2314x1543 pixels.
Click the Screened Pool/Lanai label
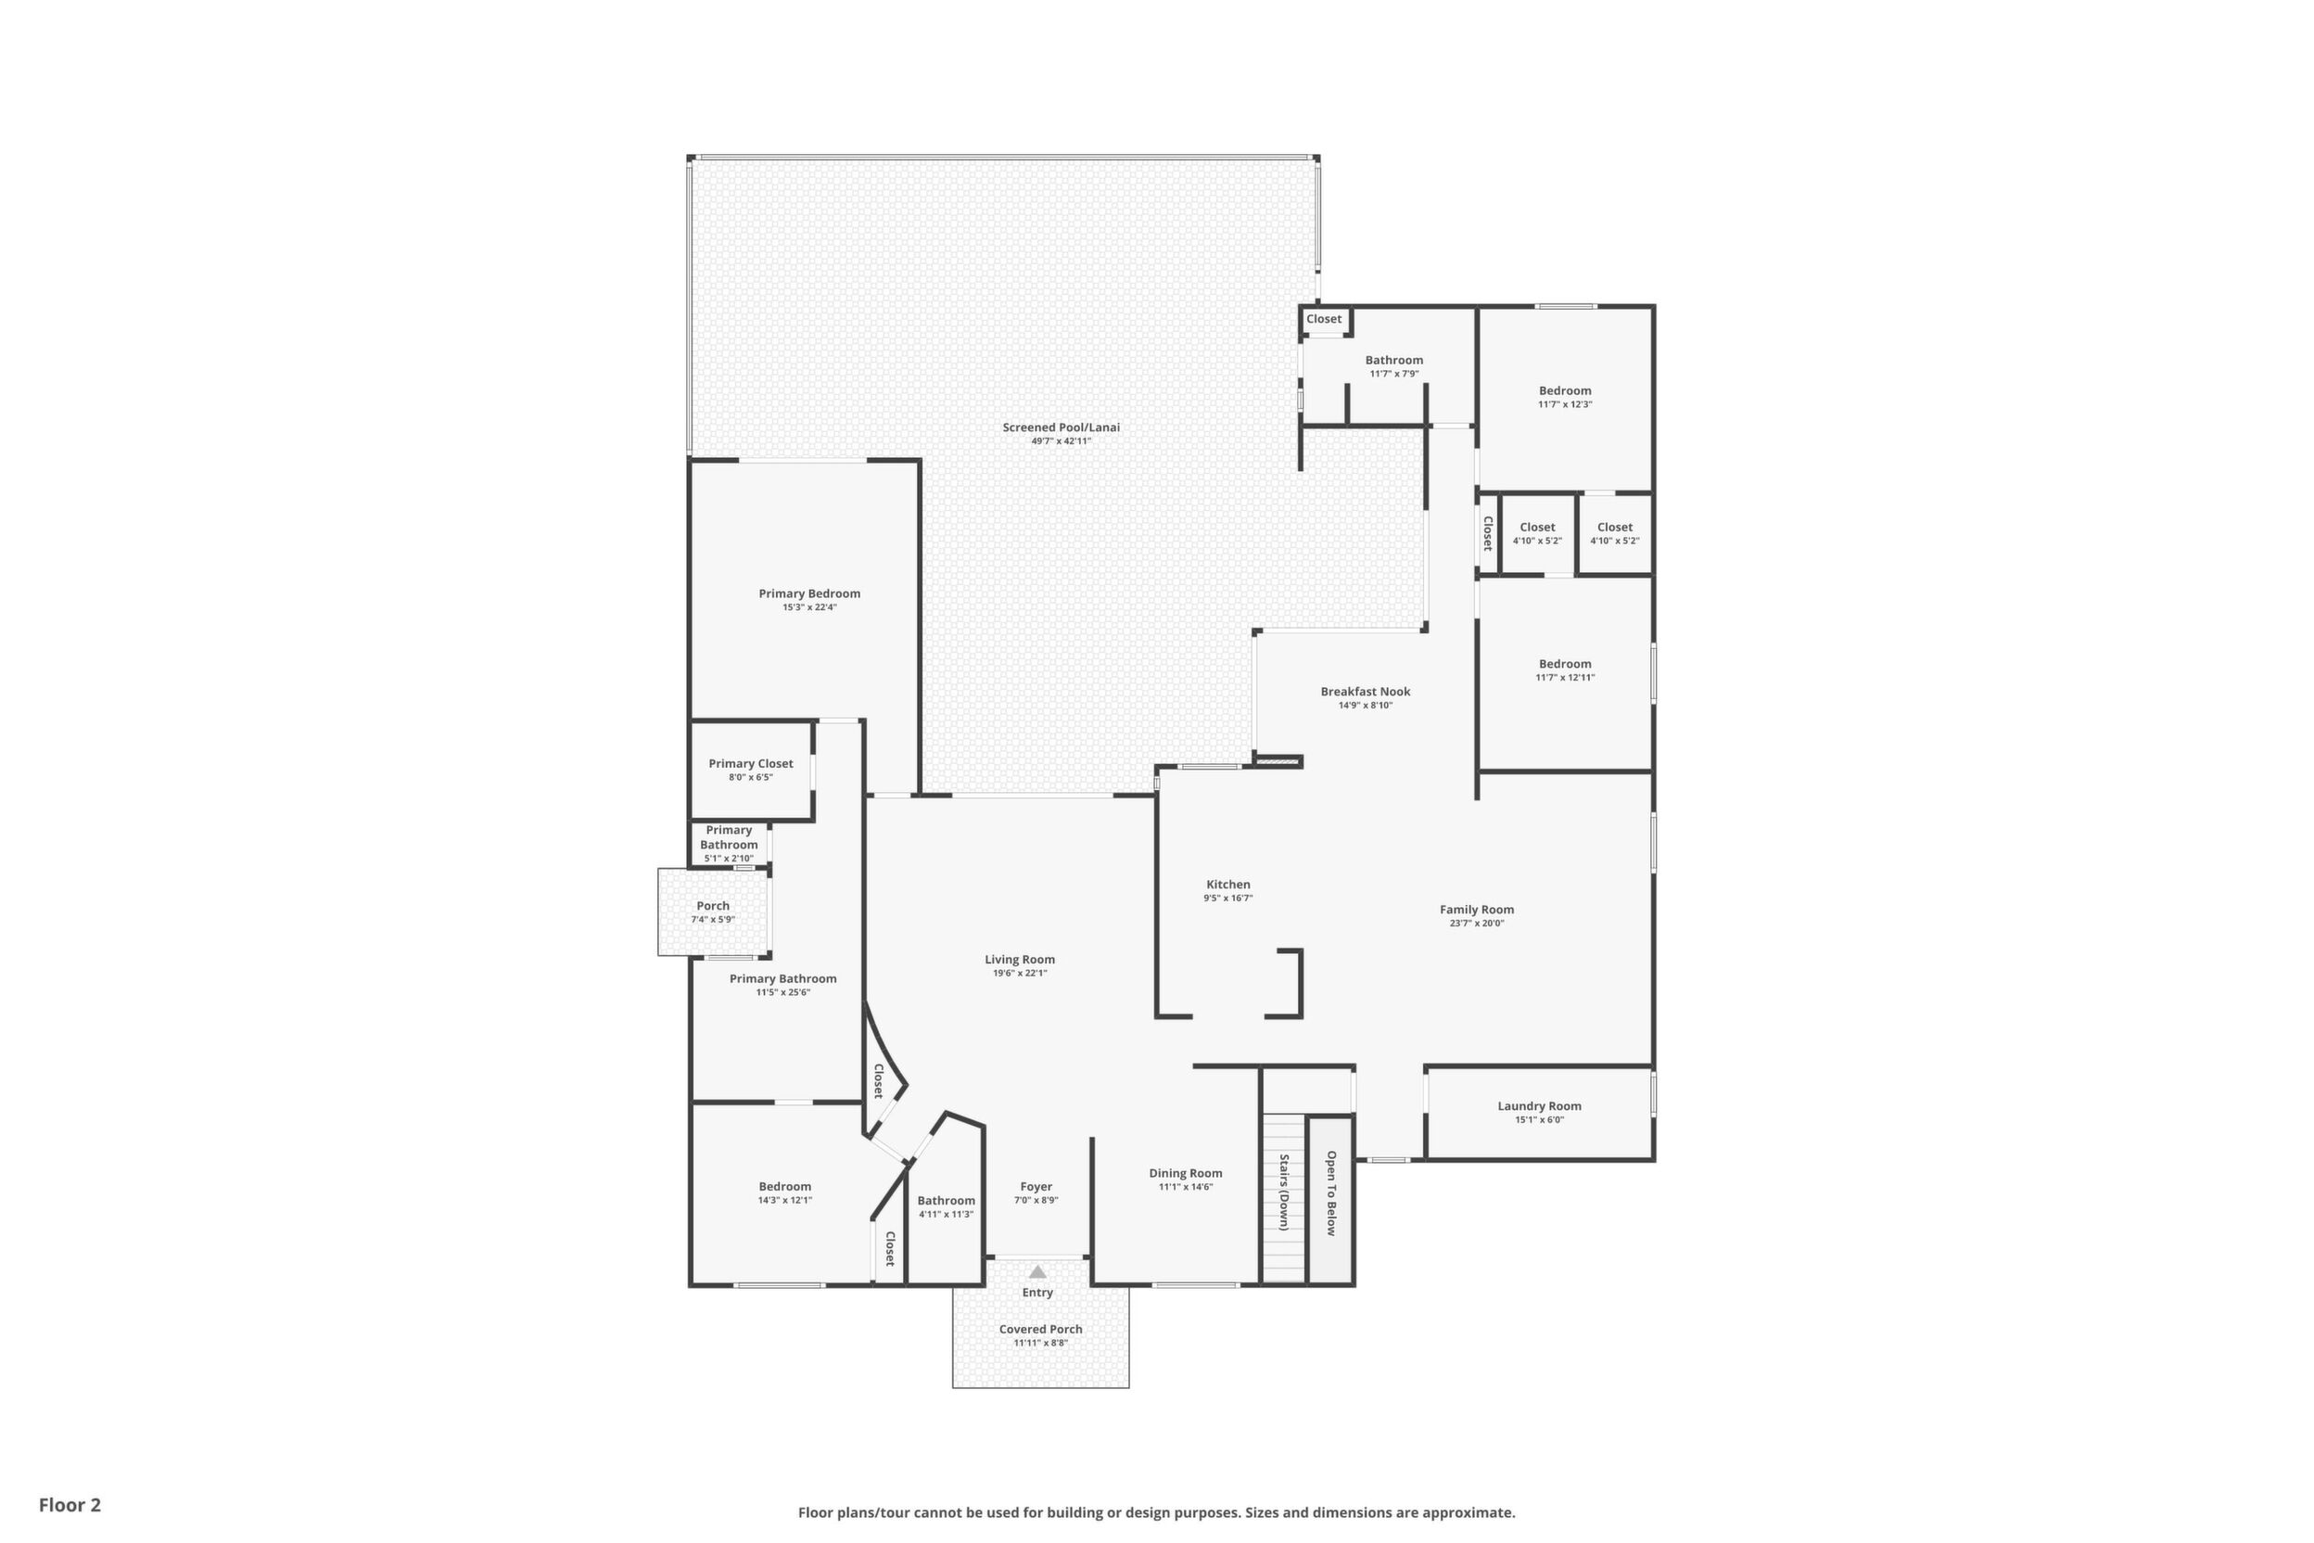click(1061, 427)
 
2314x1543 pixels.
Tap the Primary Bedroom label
click(808, 593)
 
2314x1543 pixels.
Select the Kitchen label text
click(1227, 885)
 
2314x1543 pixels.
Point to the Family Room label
click(1477, 911)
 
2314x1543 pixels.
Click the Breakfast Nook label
click(1366, 692)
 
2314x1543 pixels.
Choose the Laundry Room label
click(1540, 1106)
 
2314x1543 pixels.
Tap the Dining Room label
click(1186, 1173)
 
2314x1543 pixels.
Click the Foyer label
click(1036, 1187)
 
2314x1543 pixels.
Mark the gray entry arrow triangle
click(1038, 1271)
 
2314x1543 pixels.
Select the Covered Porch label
click(1041, 1330)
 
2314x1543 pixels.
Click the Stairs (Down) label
click(1284, 1192)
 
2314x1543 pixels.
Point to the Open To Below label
click(1331, 1192)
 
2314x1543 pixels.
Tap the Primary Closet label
click(751, 764)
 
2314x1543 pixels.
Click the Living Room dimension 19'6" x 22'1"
click(1020, 974)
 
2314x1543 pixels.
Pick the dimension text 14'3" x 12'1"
click(785, 1201)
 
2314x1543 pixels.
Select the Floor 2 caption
click(70, 1505)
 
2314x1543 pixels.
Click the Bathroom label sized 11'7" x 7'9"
click(1394, 360)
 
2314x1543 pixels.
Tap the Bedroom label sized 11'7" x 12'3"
click(1565, 390)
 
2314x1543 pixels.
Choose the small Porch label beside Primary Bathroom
click(713, 906)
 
